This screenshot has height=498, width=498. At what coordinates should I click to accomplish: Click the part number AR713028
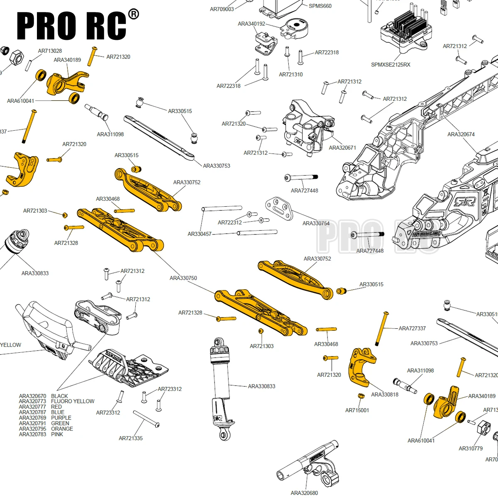click(x=50, y=51)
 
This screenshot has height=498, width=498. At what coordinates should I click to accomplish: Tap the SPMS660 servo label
click(x=320, y=6)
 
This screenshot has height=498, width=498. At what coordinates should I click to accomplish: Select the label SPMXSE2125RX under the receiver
click(x=391, y=65)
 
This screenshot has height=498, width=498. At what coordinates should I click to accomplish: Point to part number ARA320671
click(x=342, y=148)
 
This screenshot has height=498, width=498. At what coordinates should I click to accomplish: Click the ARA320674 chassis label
click(x=461, y=134)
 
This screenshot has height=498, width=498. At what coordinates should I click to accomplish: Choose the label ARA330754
click(x=316, y=223)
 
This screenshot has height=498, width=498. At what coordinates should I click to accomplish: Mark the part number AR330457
click(x=199, y=234)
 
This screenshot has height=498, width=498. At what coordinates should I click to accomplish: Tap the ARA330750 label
click(x=183, y=278)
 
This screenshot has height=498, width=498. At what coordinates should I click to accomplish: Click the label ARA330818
click(x=384, y=395)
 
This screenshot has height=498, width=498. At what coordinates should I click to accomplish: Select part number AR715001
click(x=357, y=410)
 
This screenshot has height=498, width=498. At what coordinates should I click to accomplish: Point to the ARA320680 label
click(x=304, y=493)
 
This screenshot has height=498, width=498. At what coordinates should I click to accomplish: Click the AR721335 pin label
click(x=131, y=438)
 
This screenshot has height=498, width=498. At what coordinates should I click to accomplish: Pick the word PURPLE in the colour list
click(x=61, y=418)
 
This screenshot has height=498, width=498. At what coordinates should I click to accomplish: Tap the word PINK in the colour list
click(x=57, y=435)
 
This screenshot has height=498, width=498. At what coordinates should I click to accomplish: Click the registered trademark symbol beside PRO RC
click(x=134, y=15)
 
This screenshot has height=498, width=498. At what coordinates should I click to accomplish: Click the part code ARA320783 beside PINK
click(x=32, y=435)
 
